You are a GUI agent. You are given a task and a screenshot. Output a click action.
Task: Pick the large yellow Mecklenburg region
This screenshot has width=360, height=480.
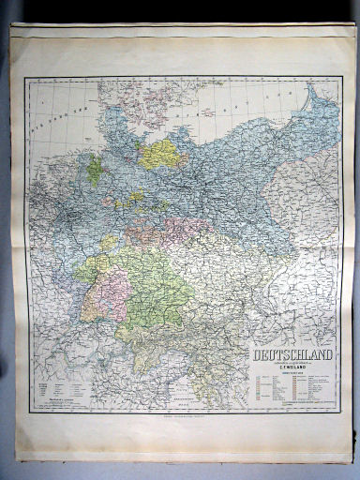(163, 152)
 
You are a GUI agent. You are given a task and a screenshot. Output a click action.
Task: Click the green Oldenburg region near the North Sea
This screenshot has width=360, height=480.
(95, 170)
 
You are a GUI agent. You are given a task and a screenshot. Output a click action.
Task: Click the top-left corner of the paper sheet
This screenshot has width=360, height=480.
(12, 26)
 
